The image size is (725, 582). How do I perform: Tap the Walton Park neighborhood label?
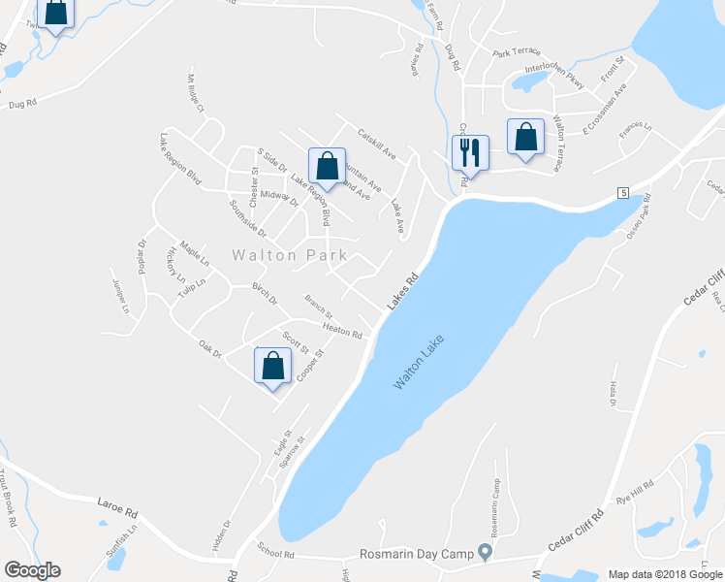pyautogui.click(x=290, y=256)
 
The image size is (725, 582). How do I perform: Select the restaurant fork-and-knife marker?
pyautogui.click(x=470, y=153)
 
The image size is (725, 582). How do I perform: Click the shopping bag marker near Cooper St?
pyautogui.click(x=273, y=367)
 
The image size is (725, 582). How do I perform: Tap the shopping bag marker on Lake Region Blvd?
pyautogui.click(x=328, y=166)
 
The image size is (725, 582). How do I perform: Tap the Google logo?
pyautogui.click(x=31, y=570)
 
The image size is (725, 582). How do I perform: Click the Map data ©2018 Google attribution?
pyautogui.click(x=664, y=574)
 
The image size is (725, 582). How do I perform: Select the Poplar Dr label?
pyautogui.click(x=142, y=256)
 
